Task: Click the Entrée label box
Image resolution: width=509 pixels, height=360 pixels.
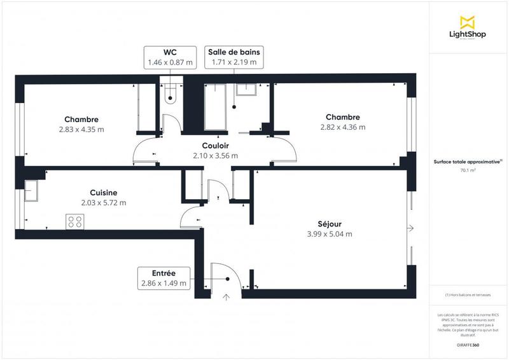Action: click(x=164, y=278)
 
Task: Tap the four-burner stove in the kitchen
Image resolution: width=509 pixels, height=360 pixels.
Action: click(x=74, y=221)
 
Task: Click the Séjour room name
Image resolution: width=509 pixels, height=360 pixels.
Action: click(x=330, y=224)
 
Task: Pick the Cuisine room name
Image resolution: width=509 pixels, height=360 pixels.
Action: click(x=103, y=193)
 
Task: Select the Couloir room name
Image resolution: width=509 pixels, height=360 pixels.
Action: click(x=215, y=145)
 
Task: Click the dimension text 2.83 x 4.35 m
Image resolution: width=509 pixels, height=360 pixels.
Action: click(x=81, y=130)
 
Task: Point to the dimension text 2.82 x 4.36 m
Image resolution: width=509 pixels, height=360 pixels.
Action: click(x=342, y=127)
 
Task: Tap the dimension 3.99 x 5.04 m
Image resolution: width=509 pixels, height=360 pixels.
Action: click(x=329, y=234)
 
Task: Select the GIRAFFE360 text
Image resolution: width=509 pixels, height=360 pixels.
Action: click(x=468, y=343)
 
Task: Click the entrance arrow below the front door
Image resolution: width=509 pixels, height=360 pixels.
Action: click(x=226, y=296)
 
